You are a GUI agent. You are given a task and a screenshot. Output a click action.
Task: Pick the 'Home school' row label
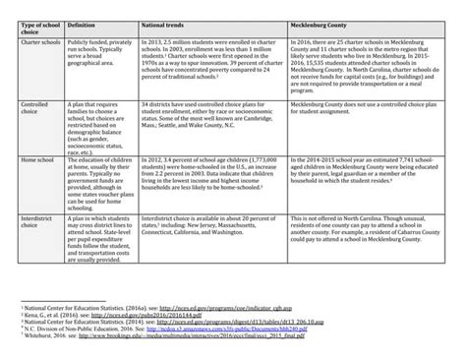[x=37, y=172]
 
